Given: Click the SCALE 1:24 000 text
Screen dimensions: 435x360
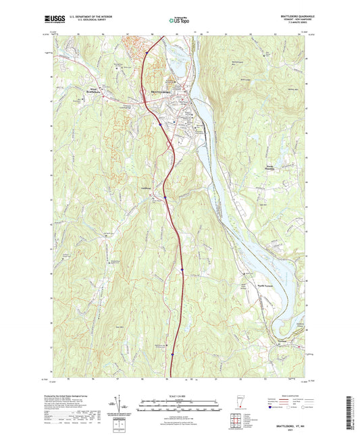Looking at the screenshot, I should tap(179, 394).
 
